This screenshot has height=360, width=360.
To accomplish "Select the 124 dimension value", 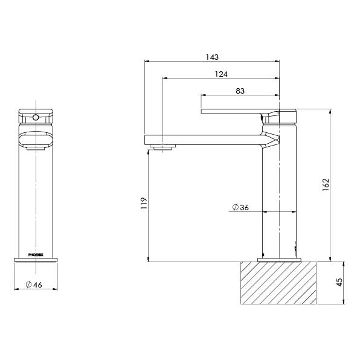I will click(220, 74).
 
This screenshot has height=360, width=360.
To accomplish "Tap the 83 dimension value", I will click(240, 91).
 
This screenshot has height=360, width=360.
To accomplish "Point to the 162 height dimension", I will click(325, 185).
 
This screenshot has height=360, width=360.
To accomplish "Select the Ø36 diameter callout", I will click(240, 208).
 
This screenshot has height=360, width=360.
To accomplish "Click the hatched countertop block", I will click(279, 282).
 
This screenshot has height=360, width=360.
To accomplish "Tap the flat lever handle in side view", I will click(236, 111).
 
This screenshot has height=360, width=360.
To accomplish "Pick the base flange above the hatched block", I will click(279, 260).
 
